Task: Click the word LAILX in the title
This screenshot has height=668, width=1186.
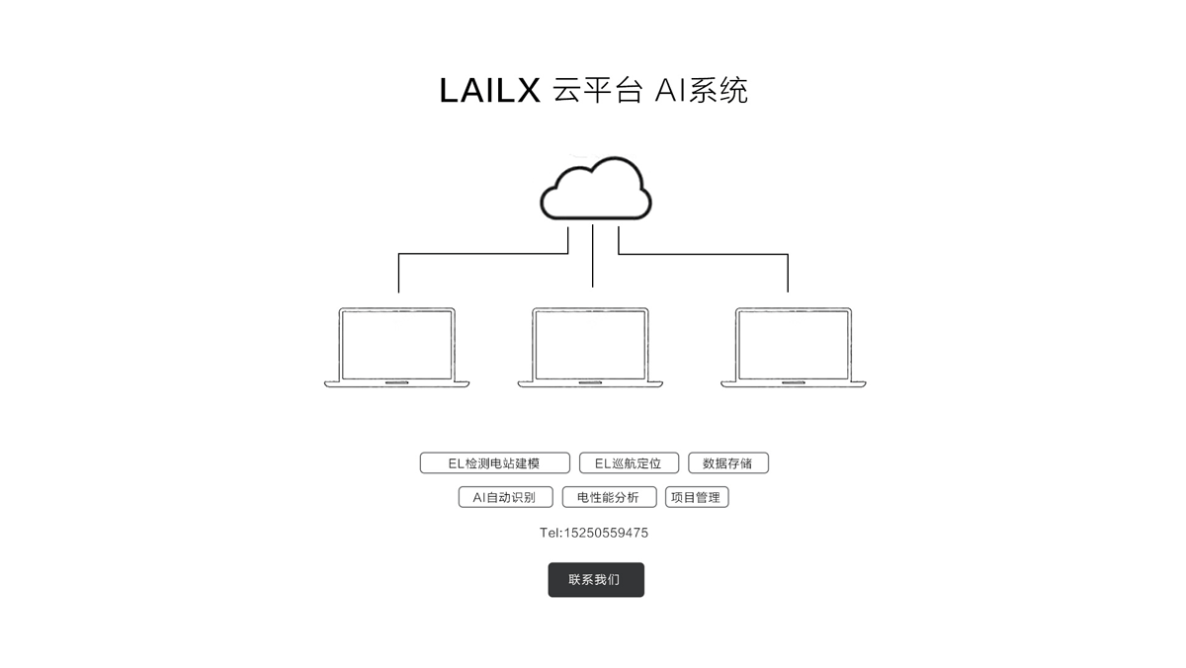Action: (x=490, y=91)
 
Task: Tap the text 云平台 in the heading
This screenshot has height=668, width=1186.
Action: (x=598, y=90)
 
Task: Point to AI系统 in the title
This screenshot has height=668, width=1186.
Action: (x=702, y=90)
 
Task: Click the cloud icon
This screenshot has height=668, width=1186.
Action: (x=596, y=189)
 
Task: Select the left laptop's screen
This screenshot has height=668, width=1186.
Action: (x=397, y=345)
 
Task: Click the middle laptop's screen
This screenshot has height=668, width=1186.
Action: (x=590, y=345)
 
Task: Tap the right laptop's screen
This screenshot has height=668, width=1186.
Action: (x=793, y=345)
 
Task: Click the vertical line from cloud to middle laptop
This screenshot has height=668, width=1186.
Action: (x=592, y=256)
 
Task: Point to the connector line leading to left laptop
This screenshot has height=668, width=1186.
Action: (x=483, y=254)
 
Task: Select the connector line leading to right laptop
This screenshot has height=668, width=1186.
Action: (x=703, y=254)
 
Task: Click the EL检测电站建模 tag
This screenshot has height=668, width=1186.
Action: (x=494, y=463)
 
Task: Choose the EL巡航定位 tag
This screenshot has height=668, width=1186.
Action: (x=629, y=463)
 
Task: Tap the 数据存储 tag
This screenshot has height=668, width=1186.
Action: (x=728, y=463)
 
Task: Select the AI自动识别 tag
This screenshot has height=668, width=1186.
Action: (x=505, y=497)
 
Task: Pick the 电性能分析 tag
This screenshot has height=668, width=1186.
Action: (x=609, y=497)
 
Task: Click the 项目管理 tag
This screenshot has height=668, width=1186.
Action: (x=697, y=497)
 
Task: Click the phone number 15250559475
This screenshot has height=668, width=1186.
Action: (x=606, y=533)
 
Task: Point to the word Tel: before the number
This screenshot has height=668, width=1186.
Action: (x=551, y=533)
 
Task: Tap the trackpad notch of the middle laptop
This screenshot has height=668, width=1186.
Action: (x=590, y=382)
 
